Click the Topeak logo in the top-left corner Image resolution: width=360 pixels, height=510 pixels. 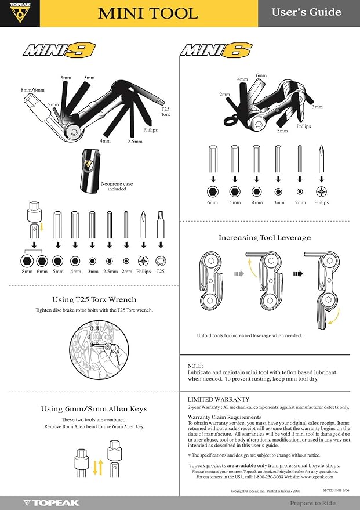pyautogui.click(x=20, y=13)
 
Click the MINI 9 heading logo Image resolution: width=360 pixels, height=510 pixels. pyautogui.click(x=59, y=49)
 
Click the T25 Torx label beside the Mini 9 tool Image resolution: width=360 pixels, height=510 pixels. pyautogui.click(x=165, y=112)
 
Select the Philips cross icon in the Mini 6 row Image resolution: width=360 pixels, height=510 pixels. pyautogui.click(x=321, y=191)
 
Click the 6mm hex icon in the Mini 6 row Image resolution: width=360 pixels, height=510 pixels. pyautogui.click(x=213, y=191)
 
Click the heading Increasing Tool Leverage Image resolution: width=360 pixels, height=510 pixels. pyautogui.click(x=264, y=237)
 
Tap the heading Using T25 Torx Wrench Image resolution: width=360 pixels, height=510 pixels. pyautogui.click(x=94, y=299)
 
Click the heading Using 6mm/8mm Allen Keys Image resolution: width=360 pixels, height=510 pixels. pyautogui.click(x=94, y=409)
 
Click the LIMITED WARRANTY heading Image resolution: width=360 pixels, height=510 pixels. pyautogui.click(x=219, y=400)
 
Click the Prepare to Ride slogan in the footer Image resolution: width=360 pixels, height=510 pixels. pyautogui.click(x=314, y=502)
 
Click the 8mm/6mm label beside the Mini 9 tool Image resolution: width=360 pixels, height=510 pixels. pyautogui.click(x=32, y=90)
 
